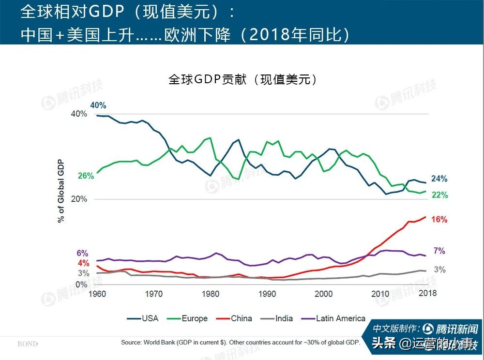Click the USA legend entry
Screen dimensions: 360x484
(x=143, y=318)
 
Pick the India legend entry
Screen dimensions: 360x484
(x=277, y=318)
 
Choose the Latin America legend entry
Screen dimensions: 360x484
(x=333, y=318)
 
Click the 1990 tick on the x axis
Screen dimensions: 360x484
(x=267, y=293)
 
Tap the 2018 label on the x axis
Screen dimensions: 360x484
(x=427, y=293)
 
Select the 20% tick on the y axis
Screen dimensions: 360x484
(x=79, y=199)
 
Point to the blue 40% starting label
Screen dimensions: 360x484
(x=98, y=105)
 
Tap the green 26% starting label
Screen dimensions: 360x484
(x=86, y=176)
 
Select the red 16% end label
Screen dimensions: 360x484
(x=439, y=219)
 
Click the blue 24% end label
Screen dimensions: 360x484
(x=439, y=179)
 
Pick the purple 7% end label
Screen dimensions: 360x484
(x=439, y=251)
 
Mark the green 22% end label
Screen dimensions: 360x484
(x=439, y=195)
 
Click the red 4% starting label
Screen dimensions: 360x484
(x=83, y=263)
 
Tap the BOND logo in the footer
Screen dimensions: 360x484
(x=28, y=344)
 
